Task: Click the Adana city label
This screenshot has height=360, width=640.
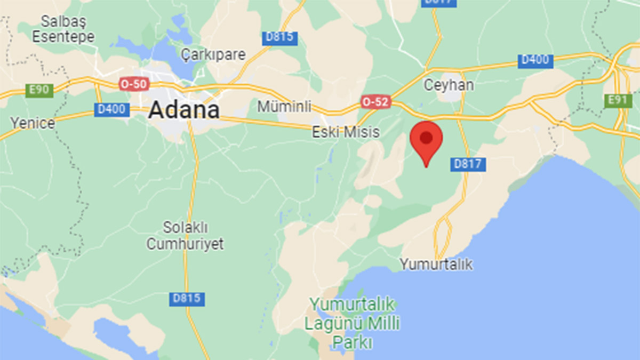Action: [184, 110]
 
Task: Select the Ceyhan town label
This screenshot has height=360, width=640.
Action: [449, 85]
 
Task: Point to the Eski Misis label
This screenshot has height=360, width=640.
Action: [346, 132]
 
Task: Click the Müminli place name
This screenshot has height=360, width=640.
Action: [284, 107]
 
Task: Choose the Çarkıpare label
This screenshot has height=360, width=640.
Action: [213, 54]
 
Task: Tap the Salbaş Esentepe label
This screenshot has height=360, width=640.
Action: [63, 29]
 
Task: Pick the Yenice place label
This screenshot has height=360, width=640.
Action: [33, 123]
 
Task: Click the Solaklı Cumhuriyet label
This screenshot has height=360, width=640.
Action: [185, 236]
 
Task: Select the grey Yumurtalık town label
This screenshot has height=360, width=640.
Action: [436, 264]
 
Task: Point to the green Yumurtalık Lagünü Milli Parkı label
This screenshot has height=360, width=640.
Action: [352, 322]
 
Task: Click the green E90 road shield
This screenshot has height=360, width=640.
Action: [39, 90]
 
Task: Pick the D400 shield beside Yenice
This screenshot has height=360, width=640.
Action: [112, 109]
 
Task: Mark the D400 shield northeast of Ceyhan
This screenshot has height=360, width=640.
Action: [535, 60]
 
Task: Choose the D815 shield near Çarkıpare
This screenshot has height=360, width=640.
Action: [280, 38]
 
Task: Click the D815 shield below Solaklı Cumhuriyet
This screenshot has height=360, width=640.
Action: [187, 299]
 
